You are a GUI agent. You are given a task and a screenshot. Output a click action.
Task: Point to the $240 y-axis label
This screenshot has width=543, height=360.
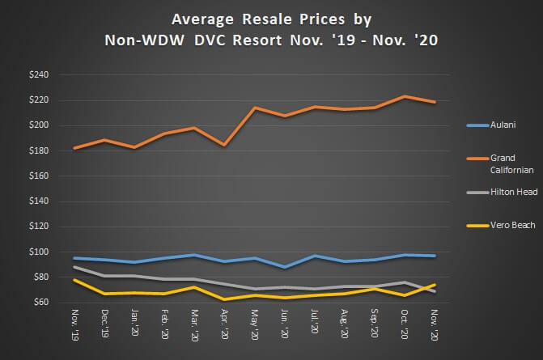[x=38, y=75]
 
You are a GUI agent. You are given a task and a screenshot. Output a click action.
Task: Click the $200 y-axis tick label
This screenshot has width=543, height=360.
[x=38, y=125]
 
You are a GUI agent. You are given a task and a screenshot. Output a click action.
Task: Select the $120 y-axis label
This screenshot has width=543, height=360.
[x=38, y=227]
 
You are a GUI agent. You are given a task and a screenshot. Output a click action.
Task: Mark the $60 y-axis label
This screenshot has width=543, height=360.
[x=40, y=303]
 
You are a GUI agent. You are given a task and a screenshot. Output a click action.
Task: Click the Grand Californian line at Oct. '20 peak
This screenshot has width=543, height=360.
[x=404, y=96]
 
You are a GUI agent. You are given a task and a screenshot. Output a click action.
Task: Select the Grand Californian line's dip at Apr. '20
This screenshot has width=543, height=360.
[x=224, y=145]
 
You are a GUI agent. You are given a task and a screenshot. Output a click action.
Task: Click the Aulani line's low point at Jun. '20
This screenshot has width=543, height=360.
[x=284, y=267]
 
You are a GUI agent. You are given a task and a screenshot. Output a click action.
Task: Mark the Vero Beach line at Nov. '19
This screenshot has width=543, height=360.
[x=74, y=280]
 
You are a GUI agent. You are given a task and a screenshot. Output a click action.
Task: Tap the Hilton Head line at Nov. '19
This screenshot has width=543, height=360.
[x=74, y=267]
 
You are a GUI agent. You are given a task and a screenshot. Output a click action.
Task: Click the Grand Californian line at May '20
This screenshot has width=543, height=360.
[x=254, y=108]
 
